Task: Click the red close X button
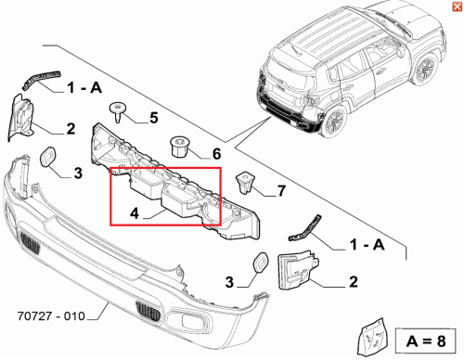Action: coord(457,6)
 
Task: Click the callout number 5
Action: coord(154,118)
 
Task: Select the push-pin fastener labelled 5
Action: coord(118,112)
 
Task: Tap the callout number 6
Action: coord(216,154)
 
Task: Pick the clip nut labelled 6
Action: coord(179,147)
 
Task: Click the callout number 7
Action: coord(281,190)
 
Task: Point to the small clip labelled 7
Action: coord(244,183)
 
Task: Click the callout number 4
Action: coord(135,213)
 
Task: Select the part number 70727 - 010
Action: coord(51,316)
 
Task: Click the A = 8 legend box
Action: coord(426,341)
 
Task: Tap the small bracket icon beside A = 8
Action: coord(372,337)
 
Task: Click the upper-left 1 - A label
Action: coord(84,88)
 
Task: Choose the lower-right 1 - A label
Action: coord(367,245)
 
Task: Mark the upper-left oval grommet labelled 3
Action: coord(48,157)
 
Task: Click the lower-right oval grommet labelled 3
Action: coord(261,263)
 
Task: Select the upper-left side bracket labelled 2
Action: coord(20,118)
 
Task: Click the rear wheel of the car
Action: coord(334,121)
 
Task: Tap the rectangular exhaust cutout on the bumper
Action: coord(191,320)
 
